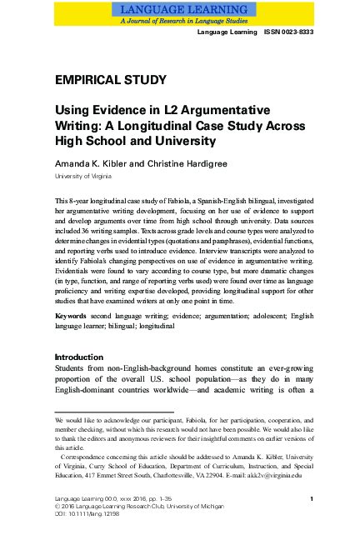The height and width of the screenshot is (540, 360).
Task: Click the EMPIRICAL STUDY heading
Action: click(x=110, y=80)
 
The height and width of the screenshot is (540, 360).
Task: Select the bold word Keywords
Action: click(x=72, y=317)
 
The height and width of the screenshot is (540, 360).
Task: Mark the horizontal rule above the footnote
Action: click(x=113, y=411)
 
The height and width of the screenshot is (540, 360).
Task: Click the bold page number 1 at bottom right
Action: click(x=310, y=499)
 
